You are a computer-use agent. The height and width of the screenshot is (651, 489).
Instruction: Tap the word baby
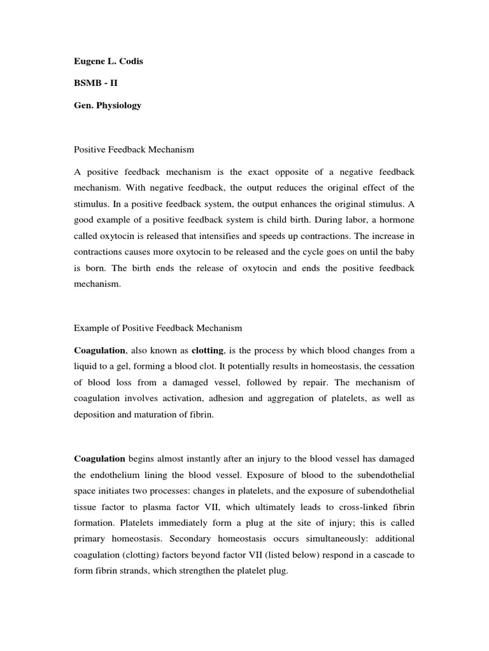tap(402, 252)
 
